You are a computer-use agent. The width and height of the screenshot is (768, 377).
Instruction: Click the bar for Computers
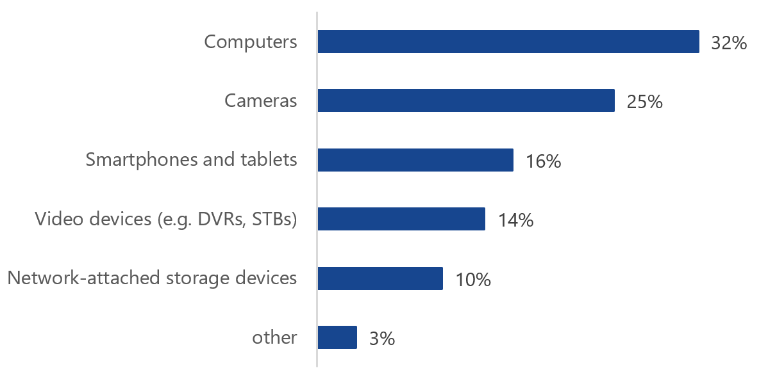coord(508,42)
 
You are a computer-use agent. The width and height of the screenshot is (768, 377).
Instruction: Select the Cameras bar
coord(466,100)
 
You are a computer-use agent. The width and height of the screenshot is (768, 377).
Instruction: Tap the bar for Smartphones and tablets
coord(415,160)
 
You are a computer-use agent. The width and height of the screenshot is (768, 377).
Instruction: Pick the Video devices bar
coord(401,219)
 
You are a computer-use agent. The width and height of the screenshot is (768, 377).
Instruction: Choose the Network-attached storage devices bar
coord(380,278)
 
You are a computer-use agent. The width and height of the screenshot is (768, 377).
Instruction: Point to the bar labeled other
coord(337,337)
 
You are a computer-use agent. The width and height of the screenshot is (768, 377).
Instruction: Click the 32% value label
coord(729,43)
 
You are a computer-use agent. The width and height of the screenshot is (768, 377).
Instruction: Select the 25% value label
coord(644,102)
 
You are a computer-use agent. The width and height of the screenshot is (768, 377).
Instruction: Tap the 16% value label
coord(543,161)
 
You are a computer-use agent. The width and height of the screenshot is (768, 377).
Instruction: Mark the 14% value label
coord(515,220)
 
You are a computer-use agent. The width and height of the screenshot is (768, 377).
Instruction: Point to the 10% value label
coord(473,280)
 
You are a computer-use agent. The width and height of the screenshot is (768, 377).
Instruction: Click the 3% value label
coord(381,339)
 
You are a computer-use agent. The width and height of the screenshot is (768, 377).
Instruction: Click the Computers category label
coord(251,42)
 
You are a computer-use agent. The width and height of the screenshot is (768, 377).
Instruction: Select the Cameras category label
coord(261,100)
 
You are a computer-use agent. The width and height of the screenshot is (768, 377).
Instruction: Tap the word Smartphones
coord(134,160)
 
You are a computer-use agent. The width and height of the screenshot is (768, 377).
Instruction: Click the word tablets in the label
coord(272,159)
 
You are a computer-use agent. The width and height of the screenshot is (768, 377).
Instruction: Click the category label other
coord(275,337)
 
